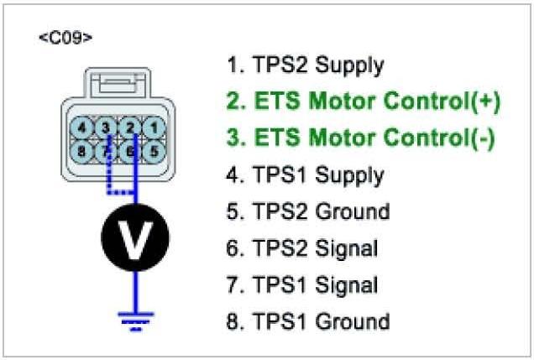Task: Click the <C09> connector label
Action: click(x=65, y=39)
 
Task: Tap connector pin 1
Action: click(x=152, y=128)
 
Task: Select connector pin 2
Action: click(x=130, y=128)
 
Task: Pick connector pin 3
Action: click(x=107, y=128)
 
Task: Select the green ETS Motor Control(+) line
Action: click(x=364, y=102)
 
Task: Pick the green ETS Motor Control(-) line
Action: click(x=361, y=138)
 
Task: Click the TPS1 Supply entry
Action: click(x=306, y=175)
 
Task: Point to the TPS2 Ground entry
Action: click(x=308, y=211)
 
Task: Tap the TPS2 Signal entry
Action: click(x=303, y=248)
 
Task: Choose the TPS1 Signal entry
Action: click(x=303, y=284)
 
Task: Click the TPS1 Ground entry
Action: click(x=308, y=321)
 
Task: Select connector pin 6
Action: click(x=130, y=152)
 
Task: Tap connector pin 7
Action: click(x=107, y=152)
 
